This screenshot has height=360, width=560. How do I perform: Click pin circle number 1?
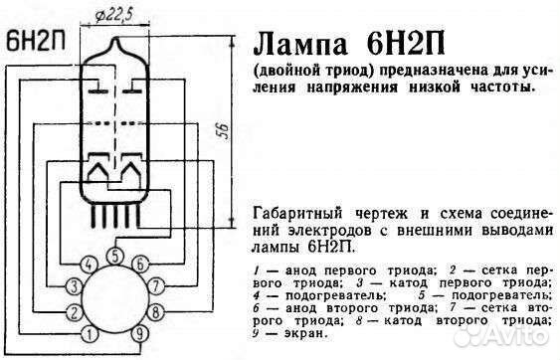(92, 333)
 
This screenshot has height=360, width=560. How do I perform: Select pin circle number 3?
(73, 287)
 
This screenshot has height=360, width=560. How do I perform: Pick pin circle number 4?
(90, 265)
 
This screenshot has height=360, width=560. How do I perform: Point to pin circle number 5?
(116, 256)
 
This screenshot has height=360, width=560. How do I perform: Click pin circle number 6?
(140, 264)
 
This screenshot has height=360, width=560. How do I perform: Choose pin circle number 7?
(159, 287)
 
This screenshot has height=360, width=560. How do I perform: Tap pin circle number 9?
(141, 333)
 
